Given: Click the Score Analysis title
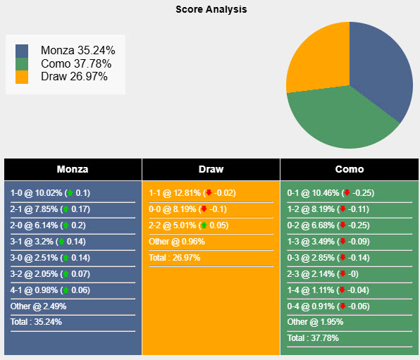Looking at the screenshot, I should click(211, 10).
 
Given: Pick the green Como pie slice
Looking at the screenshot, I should click(338, 120).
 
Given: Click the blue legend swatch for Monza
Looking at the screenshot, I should click(22, 51).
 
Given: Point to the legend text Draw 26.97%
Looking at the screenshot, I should click(74, 77).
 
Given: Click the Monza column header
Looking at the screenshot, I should click(73, 169).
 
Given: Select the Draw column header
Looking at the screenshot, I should click(211, 169).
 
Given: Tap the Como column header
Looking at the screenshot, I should click(350, 169).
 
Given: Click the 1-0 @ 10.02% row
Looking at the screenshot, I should click(51, 193).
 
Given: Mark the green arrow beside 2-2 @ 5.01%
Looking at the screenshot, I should click(204, 225).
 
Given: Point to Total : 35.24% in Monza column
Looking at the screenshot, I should click(36, 323).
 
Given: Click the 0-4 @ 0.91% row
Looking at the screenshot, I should click(331, 306).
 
